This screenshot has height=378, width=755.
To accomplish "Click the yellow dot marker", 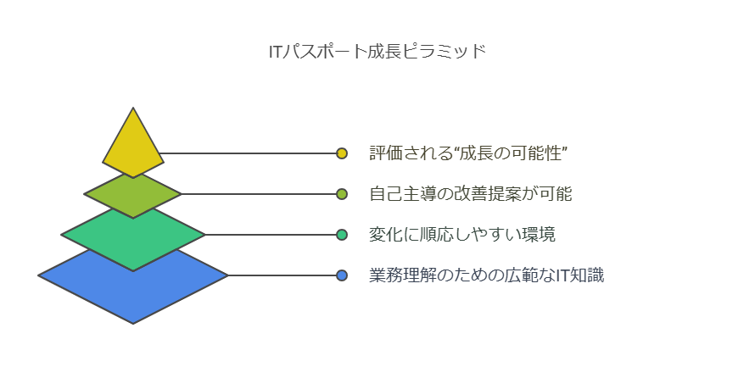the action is (x=342, y=153).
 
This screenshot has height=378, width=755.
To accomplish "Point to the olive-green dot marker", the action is (x=342, y=194).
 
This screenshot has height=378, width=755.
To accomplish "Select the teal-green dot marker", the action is (x=342, y=235).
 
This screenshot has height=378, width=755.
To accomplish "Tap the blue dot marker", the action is (x=342, y=275).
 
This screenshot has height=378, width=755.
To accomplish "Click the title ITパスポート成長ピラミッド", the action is (x=377, y=52).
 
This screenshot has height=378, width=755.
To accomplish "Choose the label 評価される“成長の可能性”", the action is (x=468, y=153).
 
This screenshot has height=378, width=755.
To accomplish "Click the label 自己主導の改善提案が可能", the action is (x=471, y=194).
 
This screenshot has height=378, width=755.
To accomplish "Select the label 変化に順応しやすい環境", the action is (x=462, y=235).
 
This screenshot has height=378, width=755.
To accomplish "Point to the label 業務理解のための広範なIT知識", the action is (x=486, y=275).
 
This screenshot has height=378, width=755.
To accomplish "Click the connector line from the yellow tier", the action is (x=248, y=153).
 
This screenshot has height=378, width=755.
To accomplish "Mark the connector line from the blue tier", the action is (x=282, y=275).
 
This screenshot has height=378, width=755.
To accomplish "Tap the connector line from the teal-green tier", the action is (x=271, y=235).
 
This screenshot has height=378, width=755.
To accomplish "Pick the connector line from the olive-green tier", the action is (x=259, y=194).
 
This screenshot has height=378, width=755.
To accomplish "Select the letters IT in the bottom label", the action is (x=563, y=275).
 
